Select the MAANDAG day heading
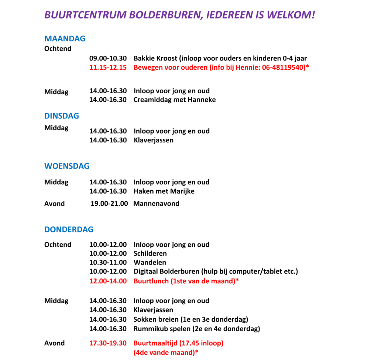(65, 39)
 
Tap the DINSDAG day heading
(62, 116)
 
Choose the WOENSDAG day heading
(67, 166)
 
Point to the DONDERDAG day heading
(69, 229)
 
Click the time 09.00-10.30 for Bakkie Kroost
(108, 59)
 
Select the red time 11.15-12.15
(108, 67)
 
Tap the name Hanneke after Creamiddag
(201, 100)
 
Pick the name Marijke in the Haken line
(181, 191)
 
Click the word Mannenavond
(157, 204)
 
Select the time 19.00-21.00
(110, 204)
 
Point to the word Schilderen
(150, 254)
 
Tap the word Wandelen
(150, 263)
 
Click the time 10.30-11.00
(108, 263)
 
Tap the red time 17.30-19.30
(108, 343)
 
